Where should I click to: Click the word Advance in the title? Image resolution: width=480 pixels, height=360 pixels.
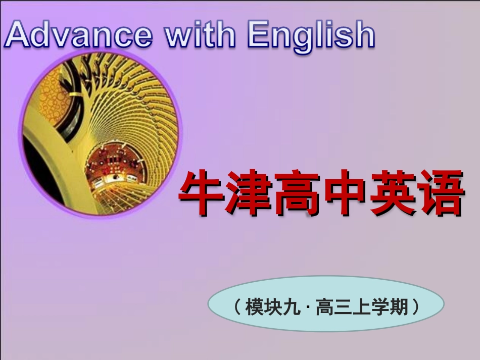pos(78,35)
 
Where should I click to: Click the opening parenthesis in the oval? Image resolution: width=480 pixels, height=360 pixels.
pos(236,306)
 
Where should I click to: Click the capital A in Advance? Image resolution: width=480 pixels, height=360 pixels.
pos(18,35)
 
